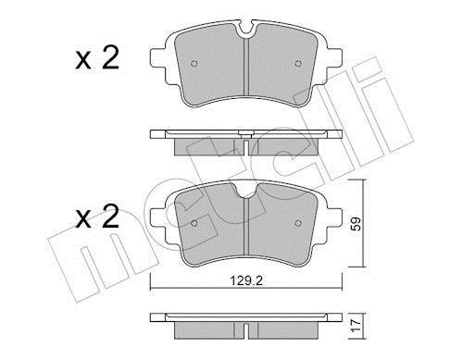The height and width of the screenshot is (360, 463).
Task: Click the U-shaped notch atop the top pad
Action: point(244,31)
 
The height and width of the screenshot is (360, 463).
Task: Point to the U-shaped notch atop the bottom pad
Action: point(244,190)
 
